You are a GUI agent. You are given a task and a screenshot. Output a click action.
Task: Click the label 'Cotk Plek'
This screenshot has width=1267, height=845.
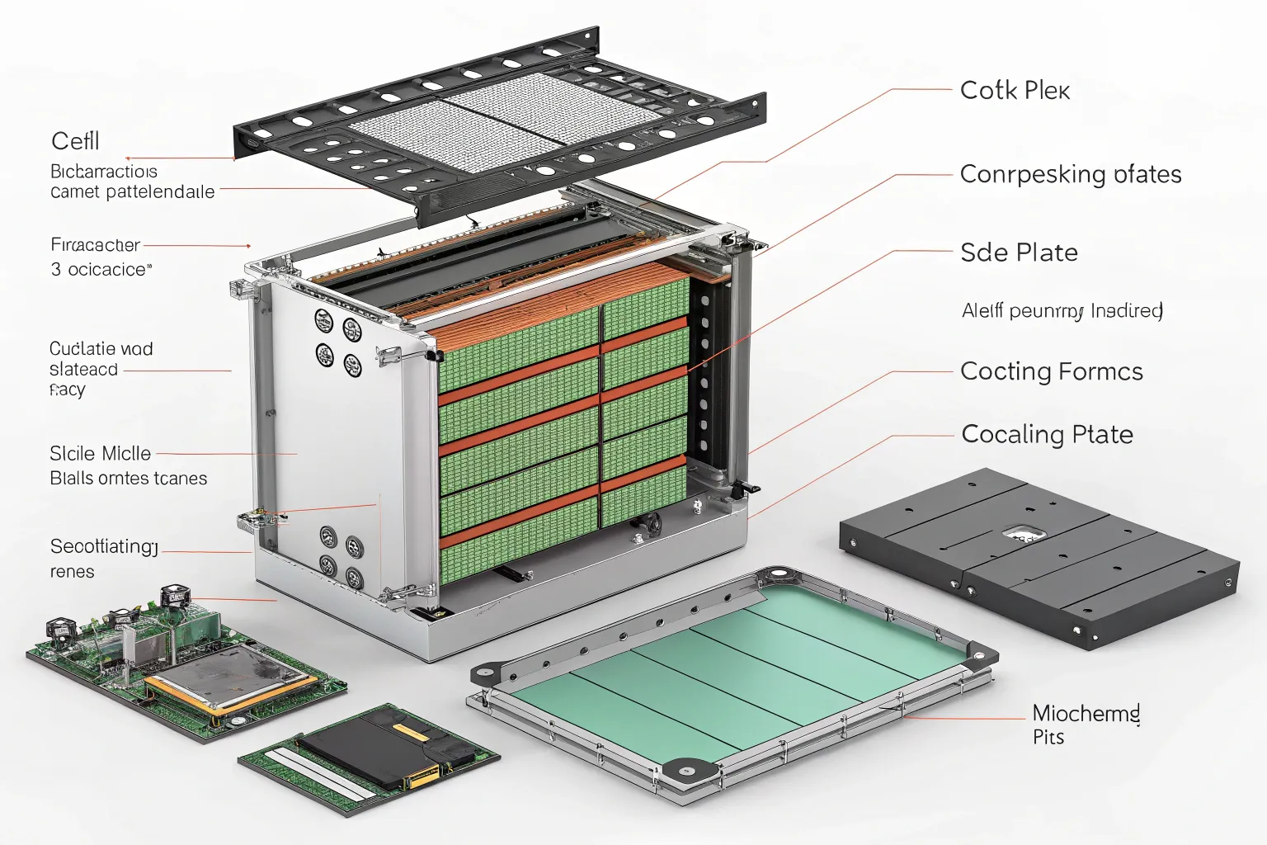point(1015,90)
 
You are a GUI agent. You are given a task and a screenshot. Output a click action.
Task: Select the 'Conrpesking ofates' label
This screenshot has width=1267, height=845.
point(1070,174)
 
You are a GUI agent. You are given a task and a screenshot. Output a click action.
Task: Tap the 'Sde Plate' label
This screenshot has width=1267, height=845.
point(1019,253)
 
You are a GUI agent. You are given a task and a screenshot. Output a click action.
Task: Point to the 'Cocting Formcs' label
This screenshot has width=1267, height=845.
point(1051,371)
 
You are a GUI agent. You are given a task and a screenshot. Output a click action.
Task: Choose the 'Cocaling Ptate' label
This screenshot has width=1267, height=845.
point(1047,434)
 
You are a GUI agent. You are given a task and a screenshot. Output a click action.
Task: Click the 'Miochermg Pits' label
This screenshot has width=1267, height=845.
point(1086,724)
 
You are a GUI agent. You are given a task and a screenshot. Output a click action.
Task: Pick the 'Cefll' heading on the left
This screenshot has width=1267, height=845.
point(75,141)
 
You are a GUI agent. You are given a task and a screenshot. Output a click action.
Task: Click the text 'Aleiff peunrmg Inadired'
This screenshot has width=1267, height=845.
point(1062,311)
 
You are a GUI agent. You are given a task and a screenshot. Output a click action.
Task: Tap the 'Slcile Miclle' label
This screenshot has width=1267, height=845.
point(100,453)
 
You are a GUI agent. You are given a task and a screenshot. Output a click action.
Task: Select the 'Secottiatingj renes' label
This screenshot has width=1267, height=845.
point(103,557)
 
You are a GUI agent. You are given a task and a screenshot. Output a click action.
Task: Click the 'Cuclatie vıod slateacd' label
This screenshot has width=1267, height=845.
point(101,359)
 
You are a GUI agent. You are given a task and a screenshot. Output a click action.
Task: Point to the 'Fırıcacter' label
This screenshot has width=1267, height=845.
point(95,245)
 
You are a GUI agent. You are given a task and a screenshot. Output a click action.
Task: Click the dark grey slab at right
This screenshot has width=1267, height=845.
point(1039,557)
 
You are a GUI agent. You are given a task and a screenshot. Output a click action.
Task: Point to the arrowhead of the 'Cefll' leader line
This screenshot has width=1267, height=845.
point(129,158)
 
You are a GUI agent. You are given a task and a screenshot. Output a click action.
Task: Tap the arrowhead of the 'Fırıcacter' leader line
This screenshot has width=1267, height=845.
point(248,246)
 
